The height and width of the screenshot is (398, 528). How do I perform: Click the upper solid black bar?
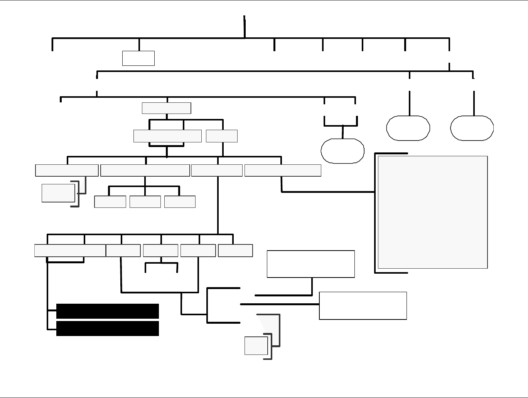tap(107, 311)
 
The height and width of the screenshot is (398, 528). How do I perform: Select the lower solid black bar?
tap(107, 328)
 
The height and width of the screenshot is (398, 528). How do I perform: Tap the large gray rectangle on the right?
tap(433, 212)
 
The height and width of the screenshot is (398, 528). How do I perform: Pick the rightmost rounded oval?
tap(472, 128)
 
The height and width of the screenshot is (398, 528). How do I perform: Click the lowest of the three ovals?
tap(342, 151)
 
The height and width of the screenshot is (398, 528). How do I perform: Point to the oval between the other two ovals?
tap(408, 128)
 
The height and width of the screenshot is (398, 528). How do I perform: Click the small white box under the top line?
tap(138, 58)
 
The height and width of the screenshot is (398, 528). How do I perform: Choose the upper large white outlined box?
tap(310, 264)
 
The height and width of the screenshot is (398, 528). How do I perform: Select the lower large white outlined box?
tap(363, 306)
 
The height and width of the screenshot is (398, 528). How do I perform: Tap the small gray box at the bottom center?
tap(256, 346)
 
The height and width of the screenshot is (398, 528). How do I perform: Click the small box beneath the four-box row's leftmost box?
tap(58, 193)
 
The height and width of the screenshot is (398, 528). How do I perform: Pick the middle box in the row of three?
tap(145, 202)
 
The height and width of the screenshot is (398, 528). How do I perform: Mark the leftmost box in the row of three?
tap(110, 202)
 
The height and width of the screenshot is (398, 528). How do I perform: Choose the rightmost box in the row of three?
tap(180, 202)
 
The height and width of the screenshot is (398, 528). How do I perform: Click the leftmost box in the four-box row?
tap(67, 171)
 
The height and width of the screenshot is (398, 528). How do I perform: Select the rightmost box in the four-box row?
tap(283, 171)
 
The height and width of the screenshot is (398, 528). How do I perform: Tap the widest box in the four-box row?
tap(145, 171)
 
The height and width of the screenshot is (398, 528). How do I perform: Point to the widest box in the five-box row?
tap(70, 251)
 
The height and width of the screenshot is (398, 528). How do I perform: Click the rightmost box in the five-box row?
tap(235, 251)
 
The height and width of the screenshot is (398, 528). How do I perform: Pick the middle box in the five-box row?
tap(160, 251)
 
